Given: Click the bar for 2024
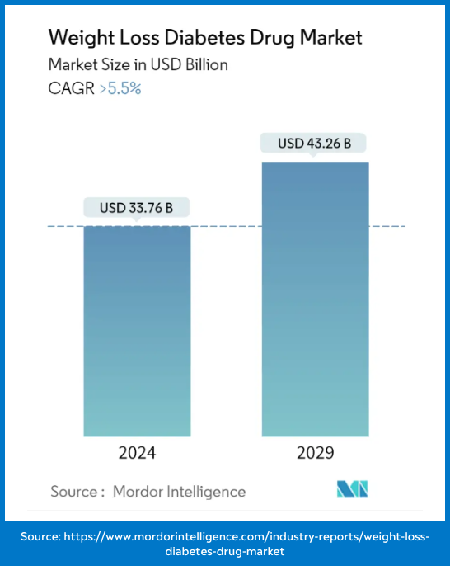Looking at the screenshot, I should click(x=137, y=330).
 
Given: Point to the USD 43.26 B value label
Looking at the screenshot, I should click(x=315, y=144).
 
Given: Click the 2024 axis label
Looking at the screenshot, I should click(x=137, y=453).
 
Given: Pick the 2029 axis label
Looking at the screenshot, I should click(x=315, y=453).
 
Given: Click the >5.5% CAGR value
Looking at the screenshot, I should click(x=120, y=89).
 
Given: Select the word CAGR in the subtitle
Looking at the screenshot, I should click(x=71, y=89).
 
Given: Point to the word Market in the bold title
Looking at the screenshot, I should click(x=329, y=38).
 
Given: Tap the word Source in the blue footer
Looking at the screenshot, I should click(x=40, y=536).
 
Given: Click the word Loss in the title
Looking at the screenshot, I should click(x=132, y=38).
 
